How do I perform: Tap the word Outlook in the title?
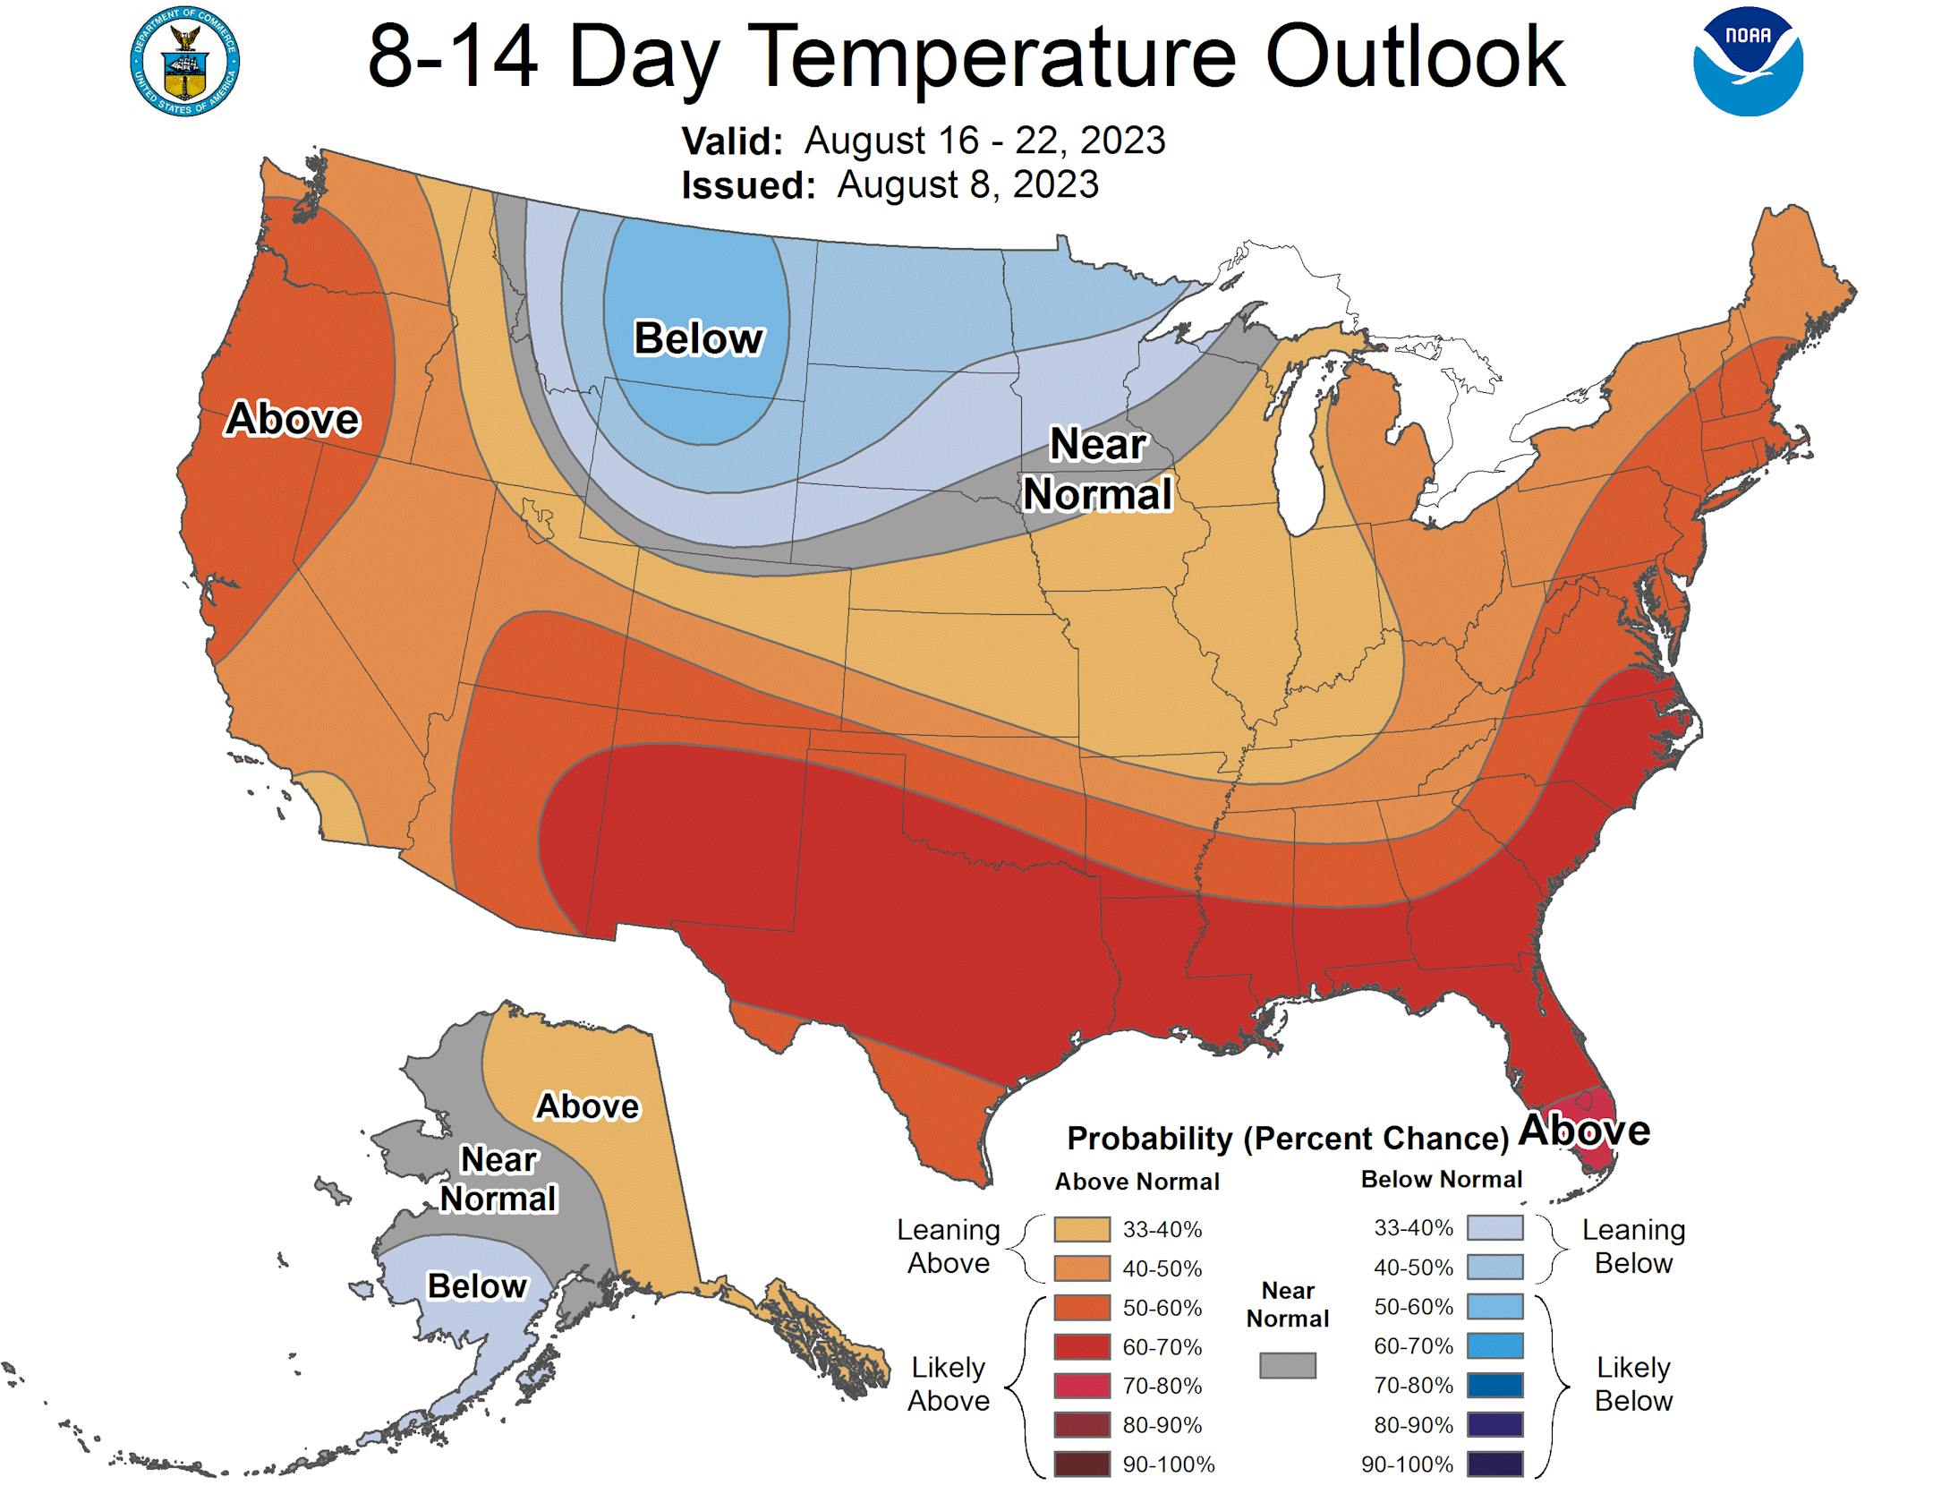(1415, 56)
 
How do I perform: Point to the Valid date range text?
(984, 141)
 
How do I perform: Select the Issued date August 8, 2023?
(967, 184)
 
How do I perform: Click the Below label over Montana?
(698, 338)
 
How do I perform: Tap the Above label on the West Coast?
(293, 419)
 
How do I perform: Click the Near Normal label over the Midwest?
(1097, 469)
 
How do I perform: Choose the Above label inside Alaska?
(588, 1106)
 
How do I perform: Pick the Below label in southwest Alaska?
(477, 1285)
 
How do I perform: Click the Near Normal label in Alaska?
(498, 1179)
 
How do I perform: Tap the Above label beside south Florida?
(1585, 1130)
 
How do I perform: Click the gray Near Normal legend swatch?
(1288, 1365)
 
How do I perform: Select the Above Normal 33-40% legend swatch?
(1082, 1229)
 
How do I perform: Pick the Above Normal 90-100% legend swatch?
(1082, 1464)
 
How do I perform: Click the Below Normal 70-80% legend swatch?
(1494, 1386)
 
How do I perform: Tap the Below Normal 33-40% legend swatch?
(1494, 1228)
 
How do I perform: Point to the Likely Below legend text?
(1633, 1384)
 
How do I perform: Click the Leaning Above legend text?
(949, 1246)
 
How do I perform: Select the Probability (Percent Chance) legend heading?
(1288, 1139)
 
